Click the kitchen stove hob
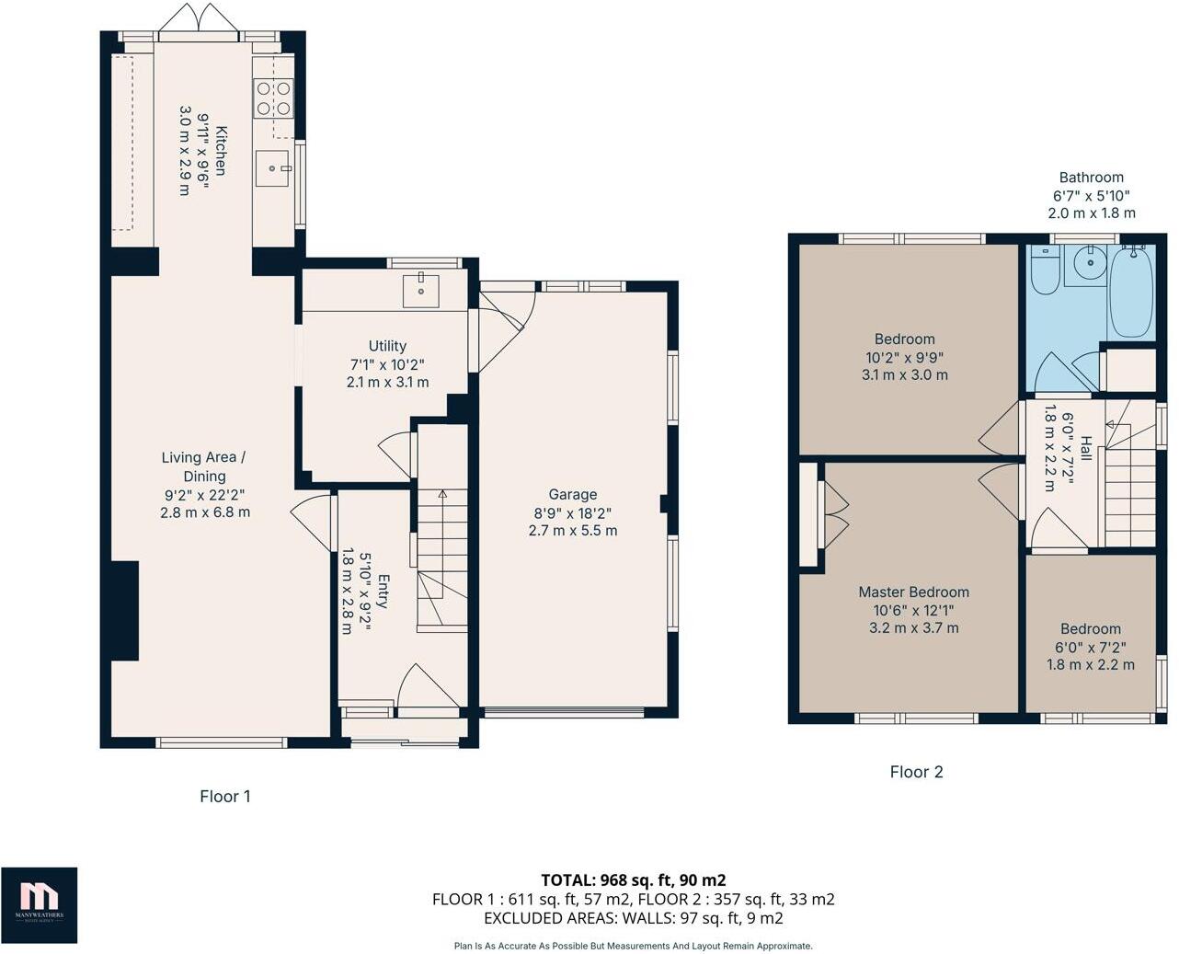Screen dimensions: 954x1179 pyautogui.click(x=274, y=98)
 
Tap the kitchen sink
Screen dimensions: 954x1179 pyautogui.click(x=273, y=168)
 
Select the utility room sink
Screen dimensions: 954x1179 pyautogui.click(x=420, y=290)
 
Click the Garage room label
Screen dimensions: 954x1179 pyautogui.click(x=573, y=494)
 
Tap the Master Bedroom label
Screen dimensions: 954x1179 pyautogui.click(x=913, y=592)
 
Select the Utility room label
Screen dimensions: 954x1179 pyautogui.click(x=387, y=346)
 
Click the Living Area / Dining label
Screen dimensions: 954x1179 pyautogui.click(x=203, y=466)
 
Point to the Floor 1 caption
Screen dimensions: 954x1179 pyautogui.click(x=225, y=797)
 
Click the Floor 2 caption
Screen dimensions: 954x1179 pyautogui.click(x=916, y=772)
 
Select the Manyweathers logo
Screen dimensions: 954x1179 pyautogui.click(x=39, y=904)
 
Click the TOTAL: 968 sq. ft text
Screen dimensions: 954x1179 pyautogui.click(x=633, y=879)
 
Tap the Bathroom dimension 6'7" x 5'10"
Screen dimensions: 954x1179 pyautogui.click(x=1091, y=195)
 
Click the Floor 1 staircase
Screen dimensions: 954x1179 pyautogui.click(x=442, y=561)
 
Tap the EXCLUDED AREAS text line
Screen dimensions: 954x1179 pyautogui.click(x=633, y=918)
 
